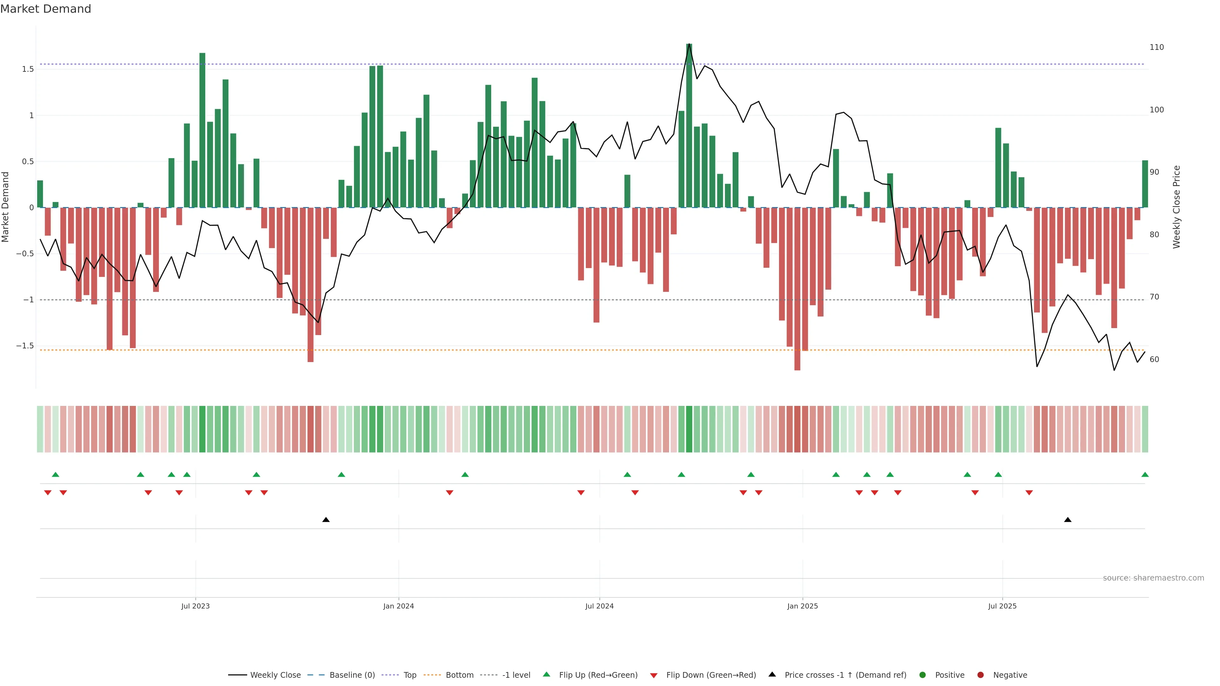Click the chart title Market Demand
pyautogui.click(x=45, y=9)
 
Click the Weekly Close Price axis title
pyautogui.click(x=1176, y=207)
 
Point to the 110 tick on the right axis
pyautogui.click(x=1156, y=47)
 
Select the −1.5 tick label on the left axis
pyautogui.click(x=25, y=346)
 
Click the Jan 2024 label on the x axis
pyautogui.click(x=398, y=606)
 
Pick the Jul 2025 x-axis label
pyautogui.click(x=1002, y=606)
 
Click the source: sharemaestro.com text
pyautogui.click(x=1153, y=578)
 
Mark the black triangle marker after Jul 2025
pyautogui.click(x=1067, y=520)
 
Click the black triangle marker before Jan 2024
pyautogui.click(x=326, y=520)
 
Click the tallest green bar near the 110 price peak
pyautogui.click(x=689, y=125)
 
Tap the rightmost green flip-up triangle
pyautogui.click(x=1145, y=474)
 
